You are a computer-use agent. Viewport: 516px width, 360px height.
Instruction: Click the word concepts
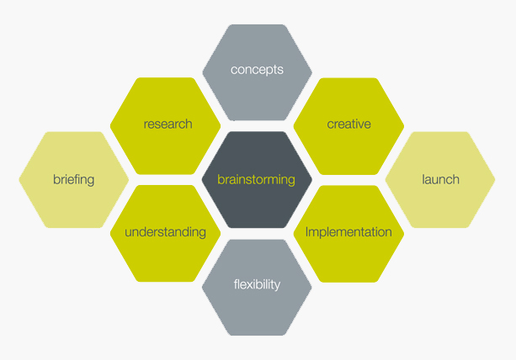(257, 70)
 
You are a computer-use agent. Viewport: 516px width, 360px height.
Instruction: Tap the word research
(168, 124)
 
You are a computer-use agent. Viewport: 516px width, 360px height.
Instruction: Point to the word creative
(348, 124)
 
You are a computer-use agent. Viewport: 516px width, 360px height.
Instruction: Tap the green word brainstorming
(256, 179)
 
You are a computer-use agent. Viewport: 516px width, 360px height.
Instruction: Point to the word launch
(440, 179)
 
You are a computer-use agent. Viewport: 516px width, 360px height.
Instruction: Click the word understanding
(166, 232)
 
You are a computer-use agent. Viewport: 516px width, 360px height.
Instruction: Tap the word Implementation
(348, 232)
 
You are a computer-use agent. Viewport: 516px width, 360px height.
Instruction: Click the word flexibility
(257, 284)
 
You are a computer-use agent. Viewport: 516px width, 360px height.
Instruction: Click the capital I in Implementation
(307, 231)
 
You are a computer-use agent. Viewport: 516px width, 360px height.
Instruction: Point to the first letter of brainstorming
(221, 179)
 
